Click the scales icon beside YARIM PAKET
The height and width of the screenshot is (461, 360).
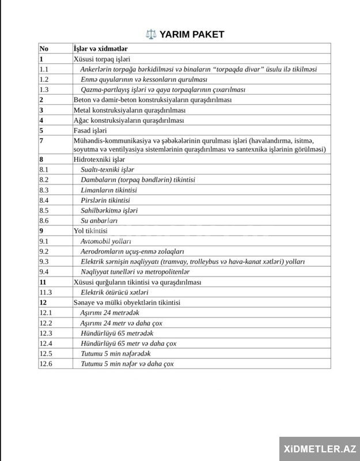[x=151, y=35]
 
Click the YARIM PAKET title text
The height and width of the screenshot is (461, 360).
[x=191, y=35]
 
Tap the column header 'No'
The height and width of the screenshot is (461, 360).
[x=44, y=48]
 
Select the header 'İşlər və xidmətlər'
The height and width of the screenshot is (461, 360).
[x=101, y=48]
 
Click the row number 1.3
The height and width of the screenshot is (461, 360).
[x=44, y=90]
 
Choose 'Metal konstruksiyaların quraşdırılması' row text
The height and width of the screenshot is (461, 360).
[x=130, y=110]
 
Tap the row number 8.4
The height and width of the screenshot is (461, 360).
[x=44, y=200]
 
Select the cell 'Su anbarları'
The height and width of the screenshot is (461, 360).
[x=99, y=221]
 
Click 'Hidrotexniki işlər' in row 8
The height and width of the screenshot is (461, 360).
[x=100, y=159]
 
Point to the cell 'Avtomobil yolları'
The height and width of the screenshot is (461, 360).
[x=106, y=241]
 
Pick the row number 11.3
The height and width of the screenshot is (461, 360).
[x=46, y=292]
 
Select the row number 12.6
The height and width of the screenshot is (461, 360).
[x=46, y=364]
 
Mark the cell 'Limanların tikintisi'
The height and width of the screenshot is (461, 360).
[x=109, y=190]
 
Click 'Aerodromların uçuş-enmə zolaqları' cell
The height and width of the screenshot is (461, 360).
[x=132, y=251]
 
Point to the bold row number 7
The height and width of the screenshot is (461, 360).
[x=41, y=141]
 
